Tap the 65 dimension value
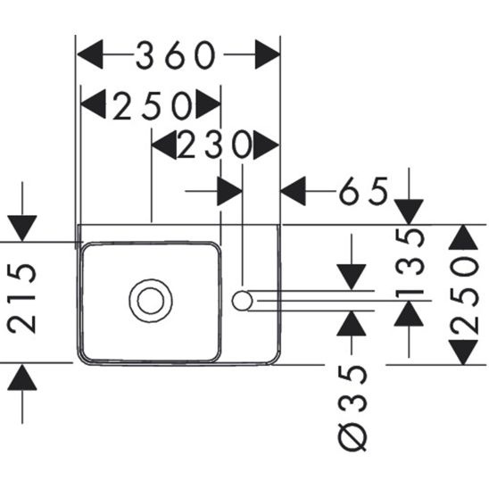[x=363, y=190]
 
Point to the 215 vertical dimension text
[x=26, y=298]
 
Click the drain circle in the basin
[x=148, y=300]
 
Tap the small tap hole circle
[x=242, y=300]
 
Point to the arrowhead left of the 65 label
[x=294, y=190]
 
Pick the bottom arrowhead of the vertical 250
[x=463, y=351]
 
